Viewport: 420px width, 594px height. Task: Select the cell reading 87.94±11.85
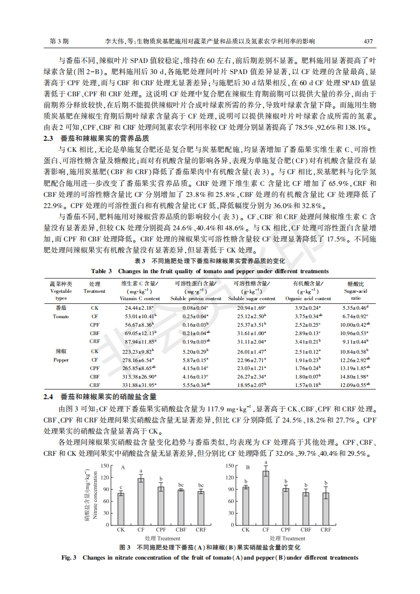[139, 342]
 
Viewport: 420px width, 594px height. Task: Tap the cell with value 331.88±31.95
[139, 385]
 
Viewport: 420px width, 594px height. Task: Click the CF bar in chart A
[141, 501]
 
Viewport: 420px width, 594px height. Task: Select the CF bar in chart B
[266, 498]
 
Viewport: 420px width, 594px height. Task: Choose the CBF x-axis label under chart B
[306, 529]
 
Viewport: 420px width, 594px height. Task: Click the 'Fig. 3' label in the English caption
[70, 557]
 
